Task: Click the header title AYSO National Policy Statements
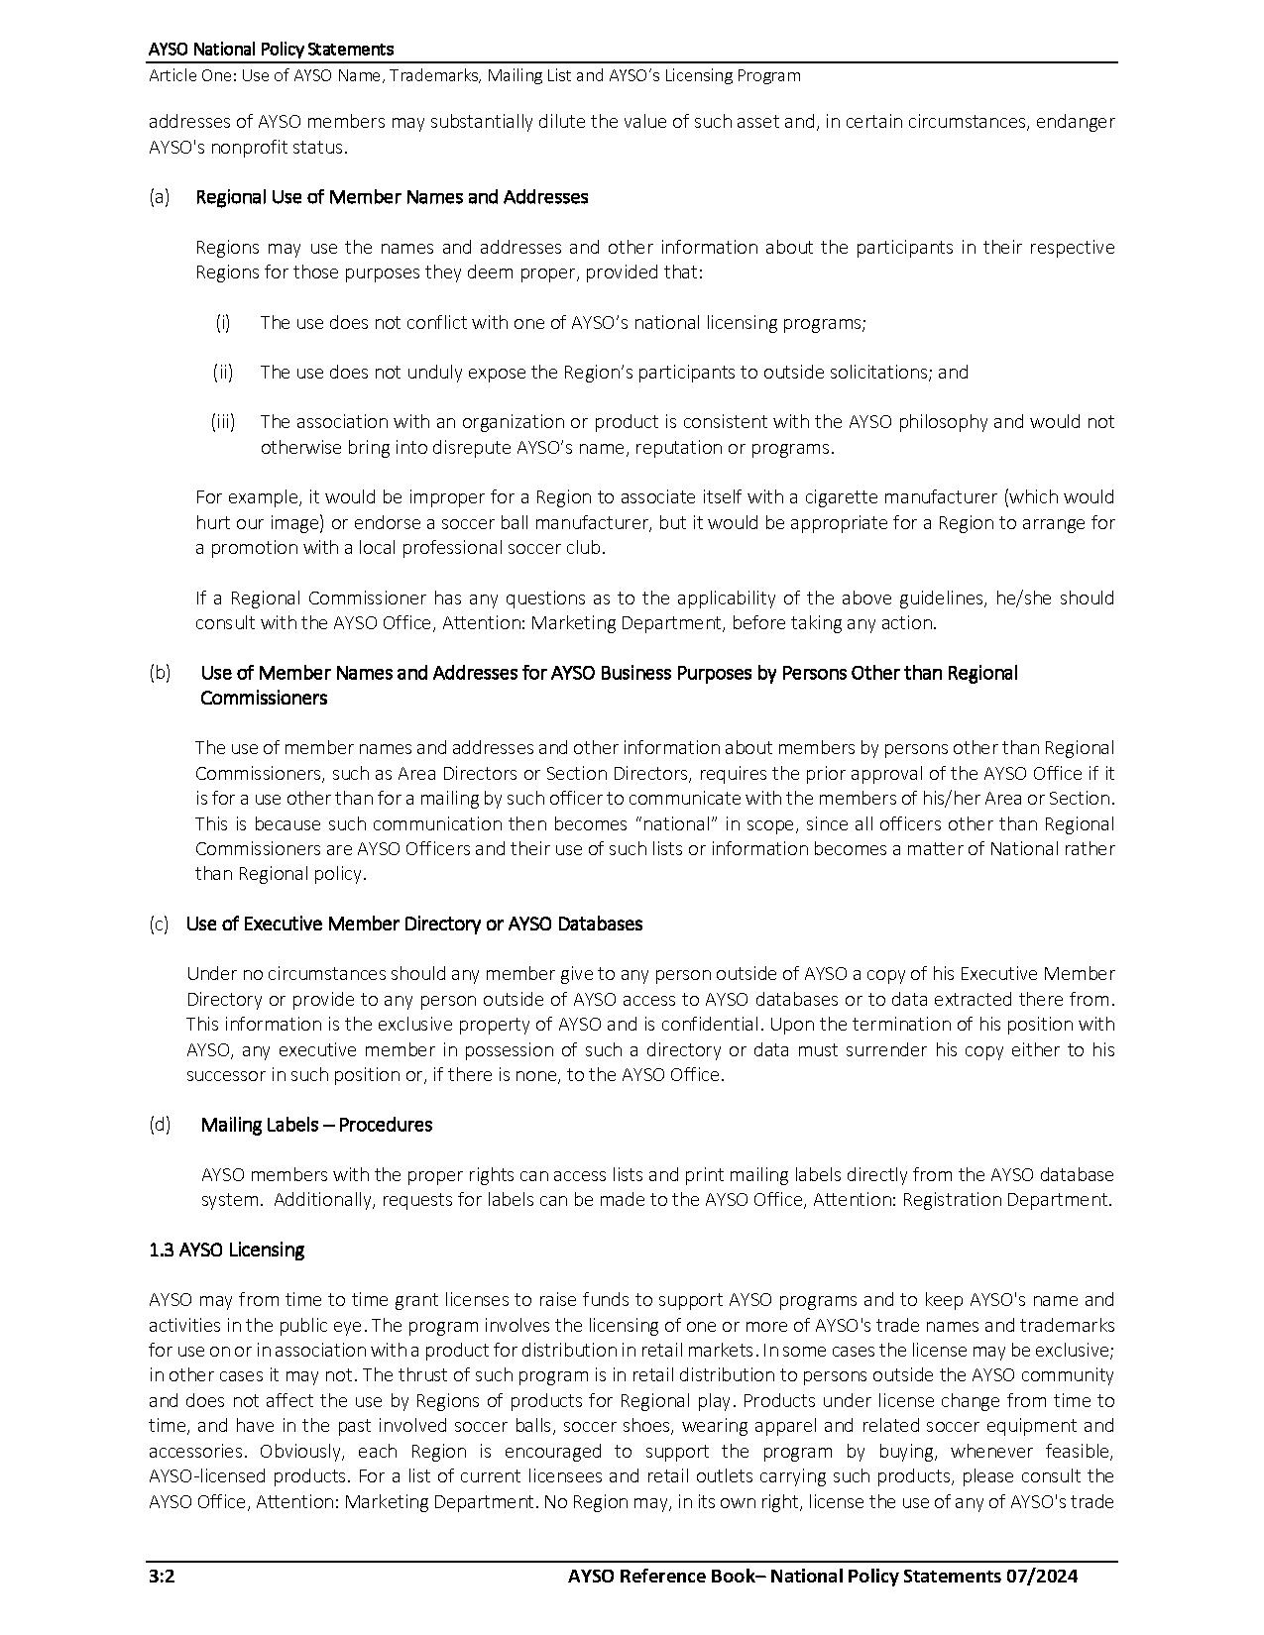(271, 49)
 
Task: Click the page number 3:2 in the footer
(162, 1577)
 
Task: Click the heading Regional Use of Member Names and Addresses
(392, 196)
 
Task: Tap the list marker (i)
(223, 322)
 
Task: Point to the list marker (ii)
(223, 372)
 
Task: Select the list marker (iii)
(223, 421)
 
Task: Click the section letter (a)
(160, 196)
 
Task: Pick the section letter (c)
(160, 924)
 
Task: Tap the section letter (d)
(160, 1125)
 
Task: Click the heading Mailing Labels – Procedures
(316, 1125)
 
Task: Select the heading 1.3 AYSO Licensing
(226, 1250)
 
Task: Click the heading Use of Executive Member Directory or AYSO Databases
(413, 924)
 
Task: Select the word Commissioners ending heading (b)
(263, 698)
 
